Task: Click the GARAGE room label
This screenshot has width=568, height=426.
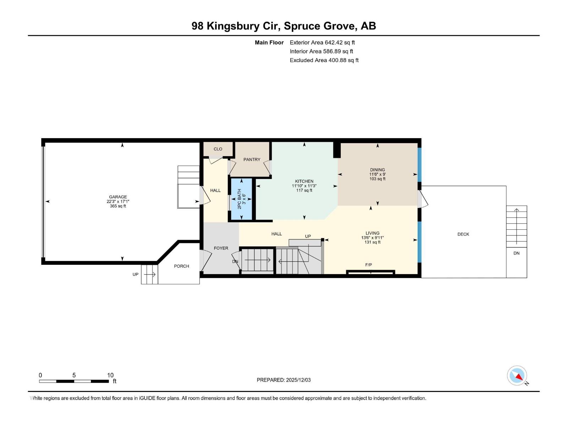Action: pos(118,197)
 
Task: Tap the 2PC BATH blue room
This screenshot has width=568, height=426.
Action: pos(241,199)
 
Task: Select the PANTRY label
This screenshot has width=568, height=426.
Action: pos(252,159)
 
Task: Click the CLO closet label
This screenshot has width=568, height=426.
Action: pos(218,149)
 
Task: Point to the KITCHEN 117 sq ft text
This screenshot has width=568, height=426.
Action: pos(304,191)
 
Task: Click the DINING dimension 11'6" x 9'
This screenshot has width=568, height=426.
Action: pos(377,174)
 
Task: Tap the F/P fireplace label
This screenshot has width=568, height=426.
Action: pos(368,265)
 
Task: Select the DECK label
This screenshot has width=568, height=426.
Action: pos(463,234)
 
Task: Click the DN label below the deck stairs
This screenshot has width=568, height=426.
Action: pos(516,253)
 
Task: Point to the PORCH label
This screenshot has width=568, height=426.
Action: pos(181,266)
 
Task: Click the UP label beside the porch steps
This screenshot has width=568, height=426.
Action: pos(135,274)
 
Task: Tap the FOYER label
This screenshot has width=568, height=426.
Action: pos(221,248)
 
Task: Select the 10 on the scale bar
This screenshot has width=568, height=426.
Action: pos(110,375)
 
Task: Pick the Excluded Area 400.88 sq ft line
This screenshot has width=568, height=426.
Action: pos(324,60)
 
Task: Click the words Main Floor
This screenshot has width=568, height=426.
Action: pos(269,43)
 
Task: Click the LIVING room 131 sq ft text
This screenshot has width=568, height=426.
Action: pos(372,242)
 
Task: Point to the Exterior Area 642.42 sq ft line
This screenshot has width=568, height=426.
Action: pos(322,43)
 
